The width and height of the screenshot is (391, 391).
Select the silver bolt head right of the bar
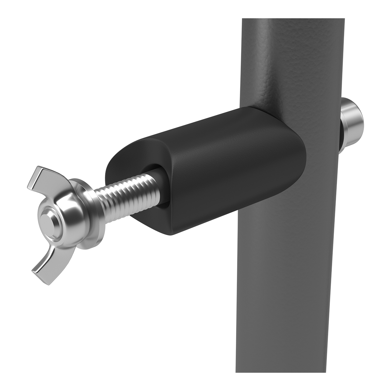(354, 119)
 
